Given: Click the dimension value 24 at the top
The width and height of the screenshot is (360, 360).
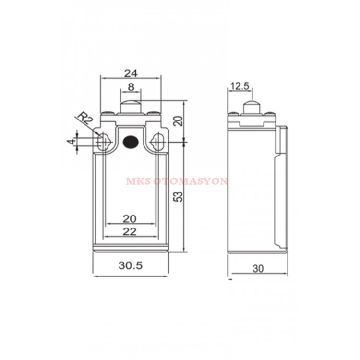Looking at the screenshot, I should pyautogui.click(x=131, y=73).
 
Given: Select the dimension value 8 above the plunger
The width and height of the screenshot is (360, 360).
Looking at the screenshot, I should pyautogui.click(x=131, y=88).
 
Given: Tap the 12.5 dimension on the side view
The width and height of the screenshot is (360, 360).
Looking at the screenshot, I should pyautogui.click(x=240, y=86).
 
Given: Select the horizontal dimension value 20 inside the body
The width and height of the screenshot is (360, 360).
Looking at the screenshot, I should pyautogui.click(x=130, y=218).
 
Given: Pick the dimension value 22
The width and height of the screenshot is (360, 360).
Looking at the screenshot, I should pyautogui.click(x=130, y=231).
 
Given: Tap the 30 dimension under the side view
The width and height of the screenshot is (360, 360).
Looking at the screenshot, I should pyautogui.click(x=258, y=269).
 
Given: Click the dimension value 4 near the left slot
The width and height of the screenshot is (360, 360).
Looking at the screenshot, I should pyautogui.click(x=71, y=142).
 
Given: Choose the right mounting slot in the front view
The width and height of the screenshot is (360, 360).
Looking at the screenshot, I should pyautogui.click(x=157, y=141).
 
